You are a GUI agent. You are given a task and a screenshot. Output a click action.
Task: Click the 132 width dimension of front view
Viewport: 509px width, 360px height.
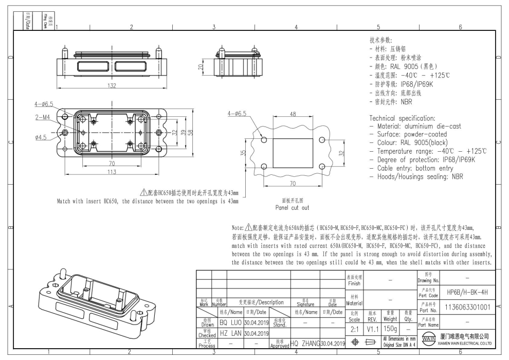click(111, 86)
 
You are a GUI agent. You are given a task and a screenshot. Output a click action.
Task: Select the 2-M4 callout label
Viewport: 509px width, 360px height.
click(43, 117)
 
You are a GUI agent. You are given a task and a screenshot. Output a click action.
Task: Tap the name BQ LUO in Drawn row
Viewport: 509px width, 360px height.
click(230, 322)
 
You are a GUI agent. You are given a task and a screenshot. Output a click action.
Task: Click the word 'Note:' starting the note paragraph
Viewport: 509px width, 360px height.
click(240, 227)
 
